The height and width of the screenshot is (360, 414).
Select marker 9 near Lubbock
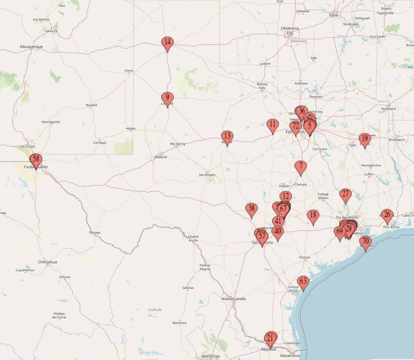(167, 98)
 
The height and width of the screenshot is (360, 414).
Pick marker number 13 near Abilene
(227, 136)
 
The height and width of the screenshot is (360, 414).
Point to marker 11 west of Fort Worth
(273, 125)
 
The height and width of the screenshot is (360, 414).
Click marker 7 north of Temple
(301, 166)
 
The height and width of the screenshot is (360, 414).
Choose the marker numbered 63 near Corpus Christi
(303, 282)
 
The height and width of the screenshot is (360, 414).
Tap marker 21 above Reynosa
(270, 338)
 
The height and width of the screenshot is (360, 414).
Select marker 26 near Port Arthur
(387, 215)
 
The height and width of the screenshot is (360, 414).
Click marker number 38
(252, 209)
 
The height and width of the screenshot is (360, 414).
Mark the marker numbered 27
(345, 194)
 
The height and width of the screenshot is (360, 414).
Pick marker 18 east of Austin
(313, 216)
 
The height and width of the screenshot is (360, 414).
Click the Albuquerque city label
(31, 47)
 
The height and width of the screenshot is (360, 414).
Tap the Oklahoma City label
(290, 31)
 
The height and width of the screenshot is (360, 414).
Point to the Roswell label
(92, 105)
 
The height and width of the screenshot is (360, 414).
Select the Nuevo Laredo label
(233, 299)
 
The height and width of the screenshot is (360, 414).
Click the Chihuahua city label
(47, 262)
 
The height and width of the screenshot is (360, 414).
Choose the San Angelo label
(207, 175)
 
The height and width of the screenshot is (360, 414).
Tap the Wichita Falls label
(262, 86)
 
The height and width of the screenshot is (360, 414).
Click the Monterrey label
(211, 356)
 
